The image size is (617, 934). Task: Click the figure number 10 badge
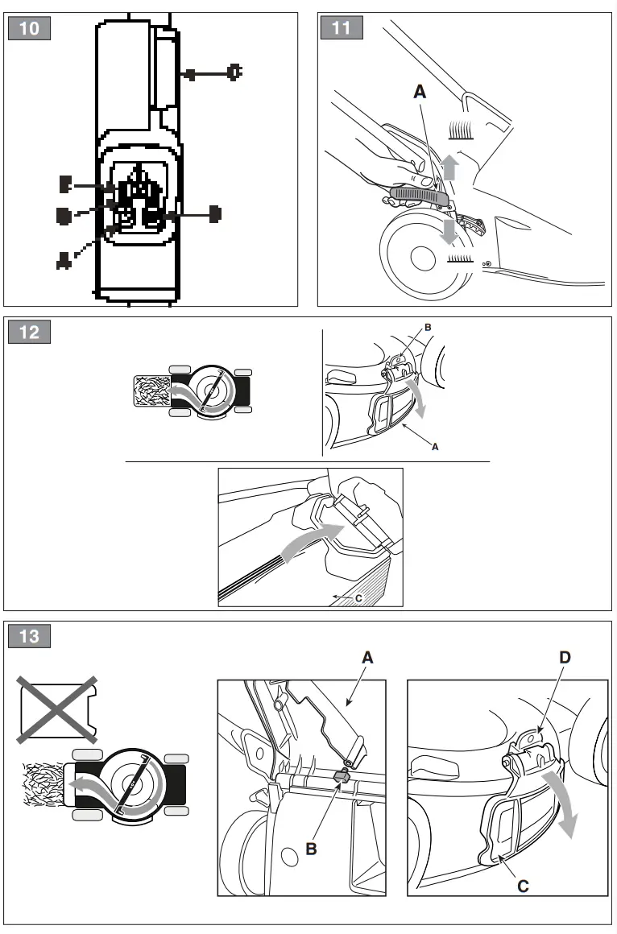coord(29,28)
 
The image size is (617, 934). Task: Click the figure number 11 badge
coord(342,28)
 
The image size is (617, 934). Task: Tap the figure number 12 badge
coord(29,332)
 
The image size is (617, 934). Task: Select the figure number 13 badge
coord(29,636)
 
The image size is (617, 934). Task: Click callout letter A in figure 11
coord(420,93)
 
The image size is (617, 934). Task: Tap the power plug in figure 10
coord(234,73)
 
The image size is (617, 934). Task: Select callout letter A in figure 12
coord(435,445)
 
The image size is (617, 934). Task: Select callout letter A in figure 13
coord(367,658)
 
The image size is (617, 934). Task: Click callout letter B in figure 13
coord(311,849)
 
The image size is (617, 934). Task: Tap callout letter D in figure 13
coord(565,658)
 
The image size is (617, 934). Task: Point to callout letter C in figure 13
coord(523,886)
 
